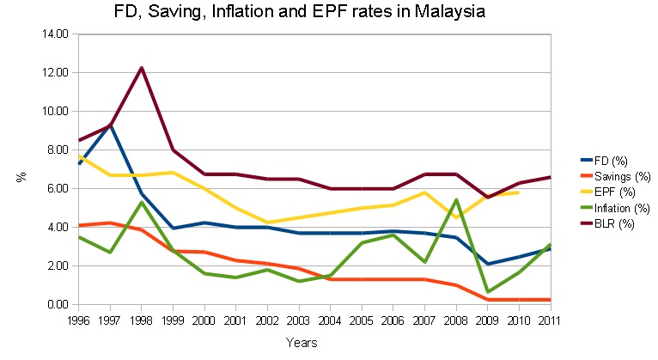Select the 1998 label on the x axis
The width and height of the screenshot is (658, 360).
(x=142, y=320)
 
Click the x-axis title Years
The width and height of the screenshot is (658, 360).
(x=302, y=343)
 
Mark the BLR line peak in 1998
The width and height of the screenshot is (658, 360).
(x=142, y=68)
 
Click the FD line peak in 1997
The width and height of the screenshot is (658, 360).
(x=110, y=125)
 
